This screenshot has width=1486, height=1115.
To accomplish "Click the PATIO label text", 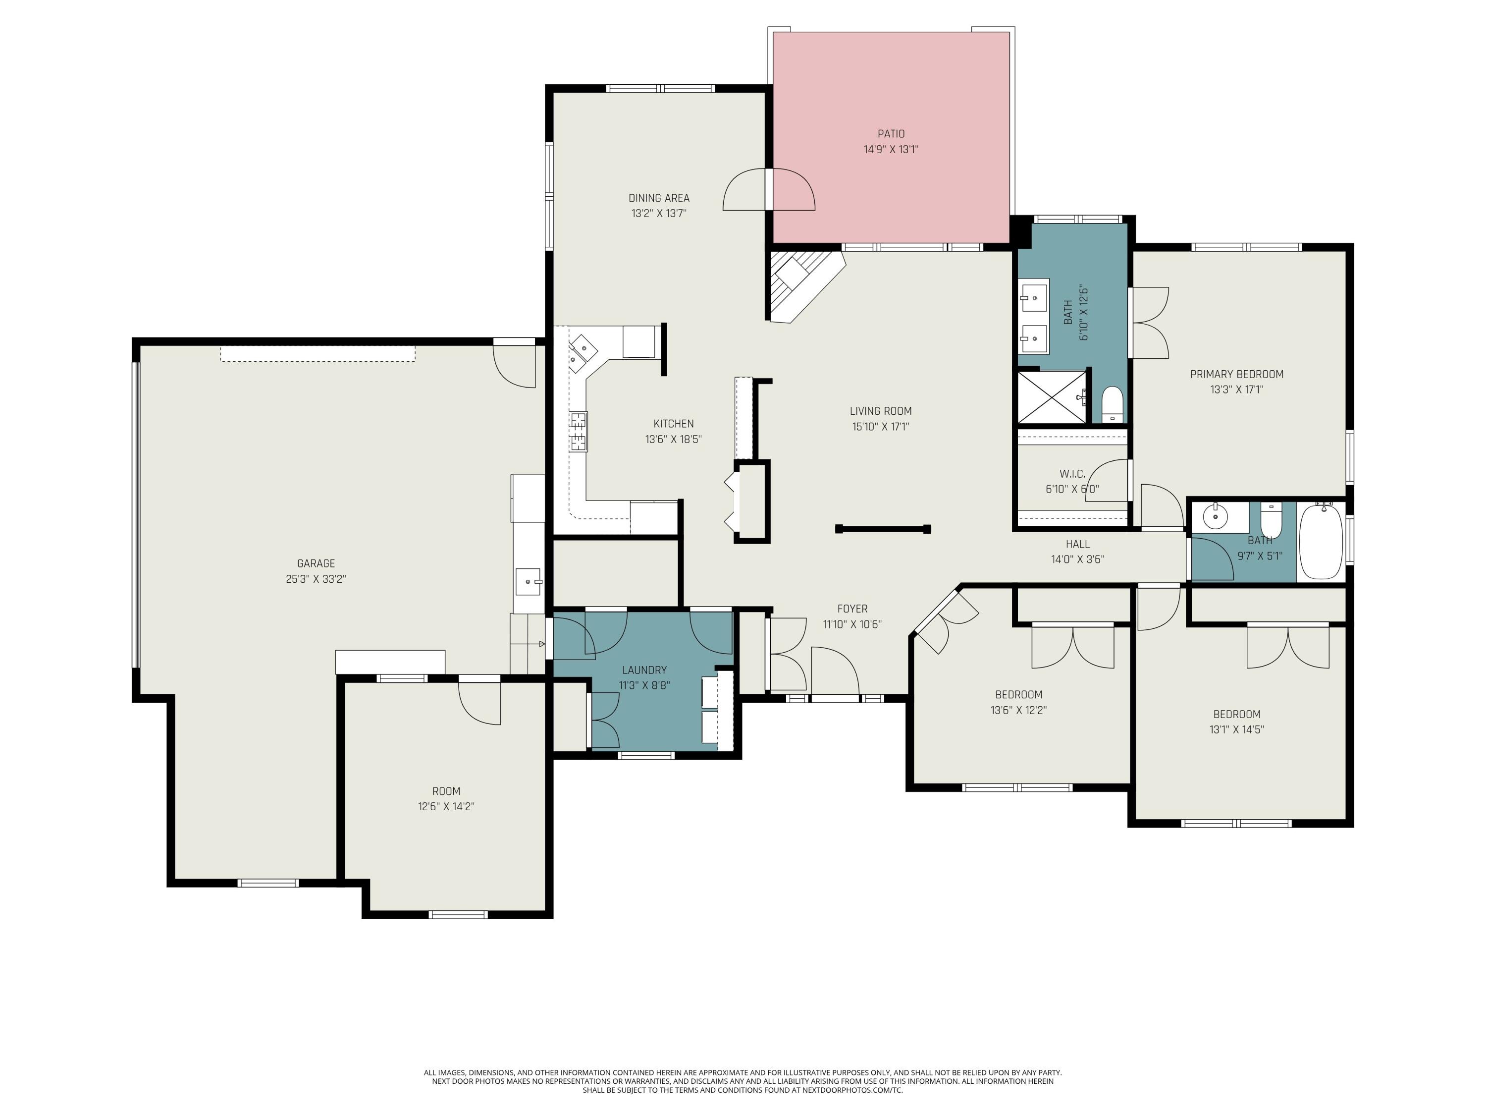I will (891, 134).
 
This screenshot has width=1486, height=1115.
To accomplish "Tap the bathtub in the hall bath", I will (1321, 543).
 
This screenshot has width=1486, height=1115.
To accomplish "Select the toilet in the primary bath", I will (1113, 404).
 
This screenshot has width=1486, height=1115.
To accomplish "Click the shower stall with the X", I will (1052, 397).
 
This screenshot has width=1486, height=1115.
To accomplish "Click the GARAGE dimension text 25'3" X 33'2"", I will (316, 579).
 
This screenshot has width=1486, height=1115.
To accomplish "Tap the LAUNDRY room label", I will (644, 670).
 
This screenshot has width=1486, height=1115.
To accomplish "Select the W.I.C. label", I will (1072, 474).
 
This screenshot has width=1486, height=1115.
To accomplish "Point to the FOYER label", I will (852, 609).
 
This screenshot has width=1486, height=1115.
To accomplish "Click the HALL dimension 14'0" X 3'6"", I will (1077, 559).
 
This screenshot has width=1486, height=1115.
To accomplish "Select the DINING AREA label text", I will (658, 198).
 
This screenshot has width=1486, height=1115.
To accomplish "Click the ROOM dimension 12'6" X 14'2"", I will (446, 806).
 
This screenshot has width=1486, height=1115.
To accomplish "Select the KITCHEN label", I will (673, 423).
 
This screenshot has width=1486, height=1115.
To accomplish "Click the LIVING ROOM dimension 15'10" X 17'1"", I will (880, 426).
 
